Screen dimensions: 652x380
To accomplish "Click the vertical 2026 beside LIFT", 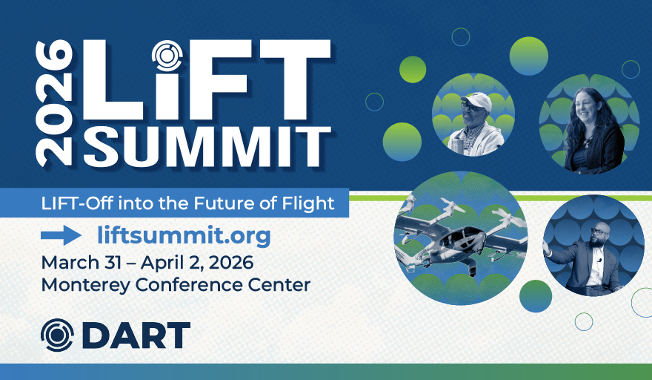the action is coord(53,103).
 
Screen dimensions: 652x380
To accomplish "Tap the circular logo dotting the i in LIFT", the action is coord(167,56).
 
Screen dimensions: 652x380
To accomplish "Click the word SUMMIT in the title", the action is coord(207,146).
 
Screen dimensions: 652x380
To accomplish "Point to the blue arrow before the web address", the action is coord(61,235).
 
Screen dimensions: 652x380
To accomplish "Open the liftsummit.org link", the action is coord(184,236).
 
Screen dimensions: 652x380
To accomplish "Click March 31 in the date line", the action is coord(81,263).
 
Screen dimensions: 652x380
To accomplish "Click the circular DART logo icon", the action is coord(57,335).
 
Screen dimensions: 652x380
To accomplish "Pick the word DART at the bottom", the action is coord(136,335).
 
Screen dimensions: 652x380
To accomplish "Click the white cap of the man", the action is coord(477,101).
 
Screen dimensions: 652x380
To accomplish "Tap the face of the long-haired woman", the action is coord(587,108).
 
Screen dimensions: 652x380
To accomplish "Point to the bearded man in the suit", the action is coord(591,258).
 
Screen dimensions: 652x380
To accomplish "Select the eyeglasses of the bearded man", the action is coord(599,231).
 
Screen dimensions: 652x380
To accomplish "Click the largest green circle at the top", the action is coord(528,56).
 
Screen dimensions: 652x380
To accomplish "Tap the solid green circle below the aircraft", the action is coord(536,296).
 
